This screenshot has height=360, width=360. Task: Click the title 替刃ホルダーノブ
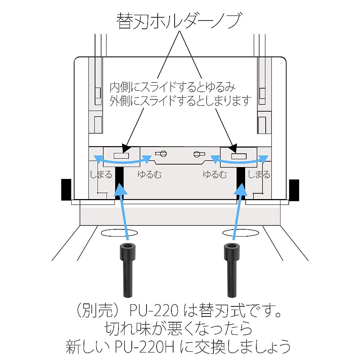[179, 21]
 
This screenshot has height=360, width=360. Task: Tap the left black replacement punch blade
[128, 270]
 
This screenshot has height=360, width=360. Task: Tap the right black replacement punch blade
[232, 270]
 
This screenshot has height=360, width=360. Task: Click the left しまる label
[101, 175]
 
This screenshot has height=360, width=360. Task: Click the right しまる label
[259, 175]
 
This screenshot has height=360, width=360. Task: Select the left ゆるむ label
[149, 175]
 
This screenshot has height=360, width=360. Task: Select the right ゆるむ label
[215, 175]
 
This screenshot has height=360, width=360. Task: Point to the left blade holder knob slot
[121, 156]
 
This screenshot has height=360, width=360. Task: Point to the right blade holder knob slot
[239, 156]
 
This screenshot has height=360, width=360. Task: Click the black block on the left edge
[66, 190]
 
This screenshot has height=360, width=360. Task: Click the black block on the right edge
[294, 190]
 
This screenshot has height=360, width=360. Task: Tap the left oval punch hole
[120, 233]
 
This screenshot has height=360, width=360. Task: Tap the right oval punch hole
[240, 233]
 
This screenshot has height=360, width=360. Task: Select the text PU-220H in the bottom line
[144, 347]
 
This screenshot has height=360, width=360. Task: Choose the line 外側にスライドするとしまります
[180, 101]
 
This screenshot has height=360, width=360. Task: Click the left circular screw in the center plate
[163, 154]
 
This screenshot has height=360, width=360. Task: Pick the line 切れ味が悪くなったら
[179, 329]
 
